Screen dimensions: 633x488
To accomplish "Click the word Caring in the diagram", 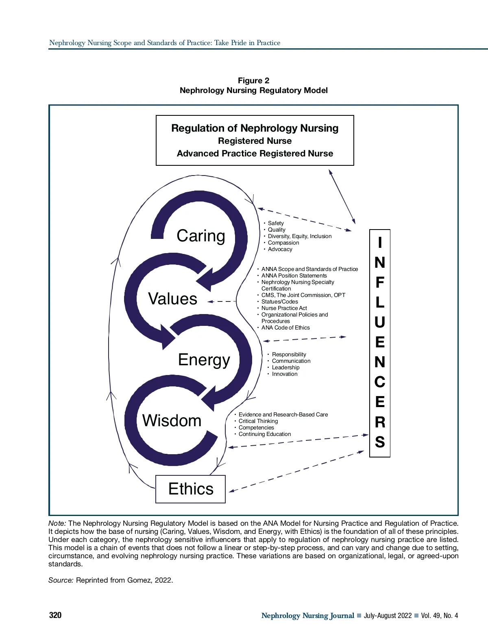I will point(201,236).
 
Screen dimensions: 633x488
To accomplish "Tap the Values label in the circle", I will point(172,299).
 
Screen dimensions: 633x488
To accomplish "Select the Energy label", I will point(204,360).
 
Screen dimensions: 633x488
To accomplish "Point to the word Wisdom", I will point(172,421).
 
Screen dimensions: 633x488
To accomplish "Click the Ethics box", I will point(191,489).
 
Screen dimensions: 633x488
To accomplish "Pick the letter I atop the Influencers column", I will point(380,243).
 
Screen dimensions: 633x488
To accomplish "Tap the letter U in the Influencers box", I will point(380,323).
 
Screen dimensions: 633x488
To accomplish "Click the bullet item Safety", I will point(276,223).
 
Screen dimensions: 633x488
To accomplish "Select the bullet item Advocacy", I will point(280,249).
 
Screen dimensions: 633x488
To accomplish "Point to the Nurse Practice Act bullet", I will point(284,308).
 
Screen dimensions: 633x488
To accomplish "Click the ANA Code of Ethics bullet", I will point(285,328).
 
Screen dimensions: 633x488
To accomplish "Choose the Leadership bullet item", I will point(285,368).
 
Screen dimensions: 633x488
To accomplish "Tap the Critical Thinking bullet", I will point(258,421).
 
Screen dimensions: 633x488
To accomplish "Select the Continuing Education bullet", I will point(265,434).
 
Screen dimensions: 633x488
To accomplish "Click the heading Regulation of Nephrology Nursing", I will point(255,128).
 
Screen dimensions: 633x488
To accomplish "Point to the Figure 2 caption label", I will point(254,81).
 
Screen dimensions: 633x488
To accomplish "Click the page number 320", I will point(55,615).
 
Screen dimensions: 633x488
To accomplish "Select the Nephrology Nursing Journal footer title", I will point(307,616).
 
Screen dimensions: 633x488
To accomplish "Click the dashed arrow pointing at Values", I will point(222,301).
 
